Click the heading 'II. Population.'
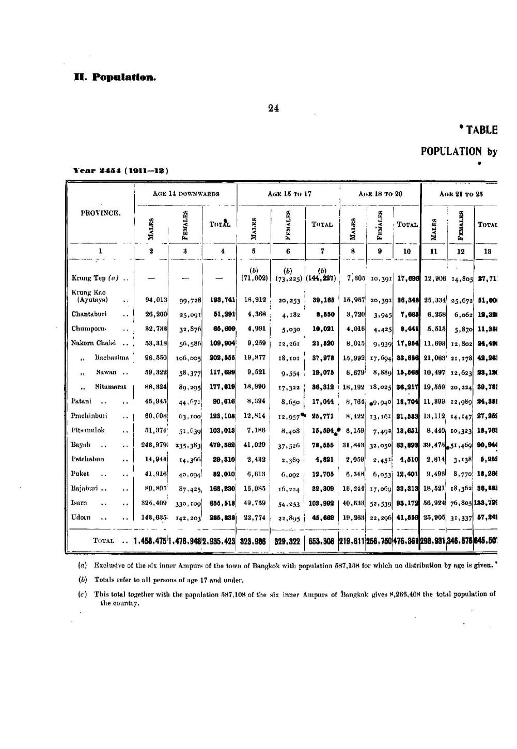(x=114, y=78)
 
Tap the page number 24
(x=274, y=108)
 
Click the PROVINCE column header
(x=101, y=213)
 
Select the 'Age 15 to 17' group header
(x=288, y=194)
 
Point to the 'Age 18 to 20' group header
(x=380, y=194)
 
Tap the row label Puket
(x=80, y=473)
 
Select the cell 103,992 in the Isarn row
(x=321, y=488)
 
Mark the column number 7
(x=322, y=252)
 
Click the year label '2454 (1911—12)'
(x=122, y=170)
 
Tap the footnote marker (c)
(x=82, y=594)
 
